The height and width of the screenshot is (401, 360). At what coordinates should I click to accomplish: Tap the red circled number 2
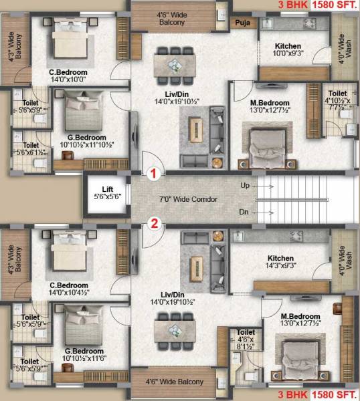pos(153,224)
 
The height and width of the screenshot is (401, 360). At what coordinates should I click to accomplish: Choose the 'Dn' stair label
pos(244,212)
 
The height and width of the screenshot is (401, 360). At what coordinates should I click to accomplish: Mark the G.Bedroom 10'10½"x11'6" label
pos(84,356)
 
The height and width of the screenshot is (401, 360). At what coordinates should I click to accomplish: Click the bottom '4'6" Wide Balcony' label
pos(175,382)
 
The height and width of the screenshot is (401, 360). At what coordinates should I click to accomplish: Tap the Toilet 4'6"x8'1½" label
pos(246,341)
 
